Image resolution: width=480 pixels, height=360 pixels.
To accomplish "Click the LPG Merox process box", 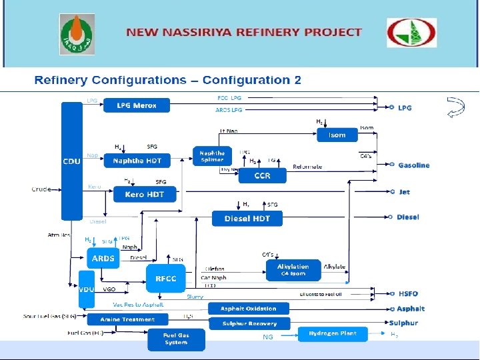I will [137, 105].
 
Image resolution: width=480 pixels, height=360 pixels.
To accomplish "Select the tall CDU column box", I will [71, 161].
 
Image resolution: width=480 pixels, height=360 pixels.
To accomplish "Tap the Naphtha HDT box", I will [137, 161].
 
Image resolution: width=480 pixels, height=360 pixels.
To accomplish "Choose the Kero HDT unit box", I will [144, 194].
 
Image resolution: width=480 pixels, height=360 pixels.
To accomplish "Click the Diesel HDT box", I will [247, 218].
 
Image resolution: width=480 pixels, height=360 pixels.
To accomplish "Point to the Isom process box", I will [337, 135].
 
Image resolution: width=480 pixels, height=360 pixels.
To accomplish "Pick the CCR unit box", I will [263, 176].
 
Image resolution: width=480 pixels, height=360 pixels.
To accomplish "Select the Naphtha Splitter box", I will [212, 156].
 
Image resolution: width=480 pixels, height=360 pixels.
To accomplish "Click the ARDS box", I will [103, 258].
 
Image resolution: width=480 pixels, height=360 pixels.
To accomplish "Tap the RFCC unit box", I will [166, 278].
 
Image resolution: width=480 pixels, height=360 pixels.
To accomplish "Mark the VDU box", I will [87, 289].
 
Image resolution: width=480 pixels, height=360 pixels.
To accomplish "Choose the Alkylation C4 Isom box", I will [293, 269].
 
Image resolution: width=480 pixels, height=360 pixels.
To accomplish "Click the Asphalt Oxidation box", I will [248, 308].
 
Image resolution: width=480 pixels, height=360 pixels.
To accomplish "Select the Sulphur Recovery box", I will [249, 323].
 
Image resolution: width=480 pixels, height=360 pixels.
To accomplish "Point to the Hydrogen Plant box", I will [333, 333].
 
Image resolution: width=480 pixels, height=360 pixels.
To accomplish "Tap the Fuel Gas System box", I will [177, 339].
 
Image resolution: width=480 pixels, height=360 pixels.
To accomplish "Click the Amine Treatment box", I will [119, 320].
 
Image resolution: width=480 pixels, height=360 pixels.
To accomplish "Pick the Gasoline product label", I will [414, 165].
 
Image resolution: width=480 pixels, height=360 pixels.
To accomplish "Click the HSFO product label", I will [408, 293].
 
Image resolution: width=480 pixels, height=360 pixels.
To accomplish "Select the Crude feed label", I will [41, 189].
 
